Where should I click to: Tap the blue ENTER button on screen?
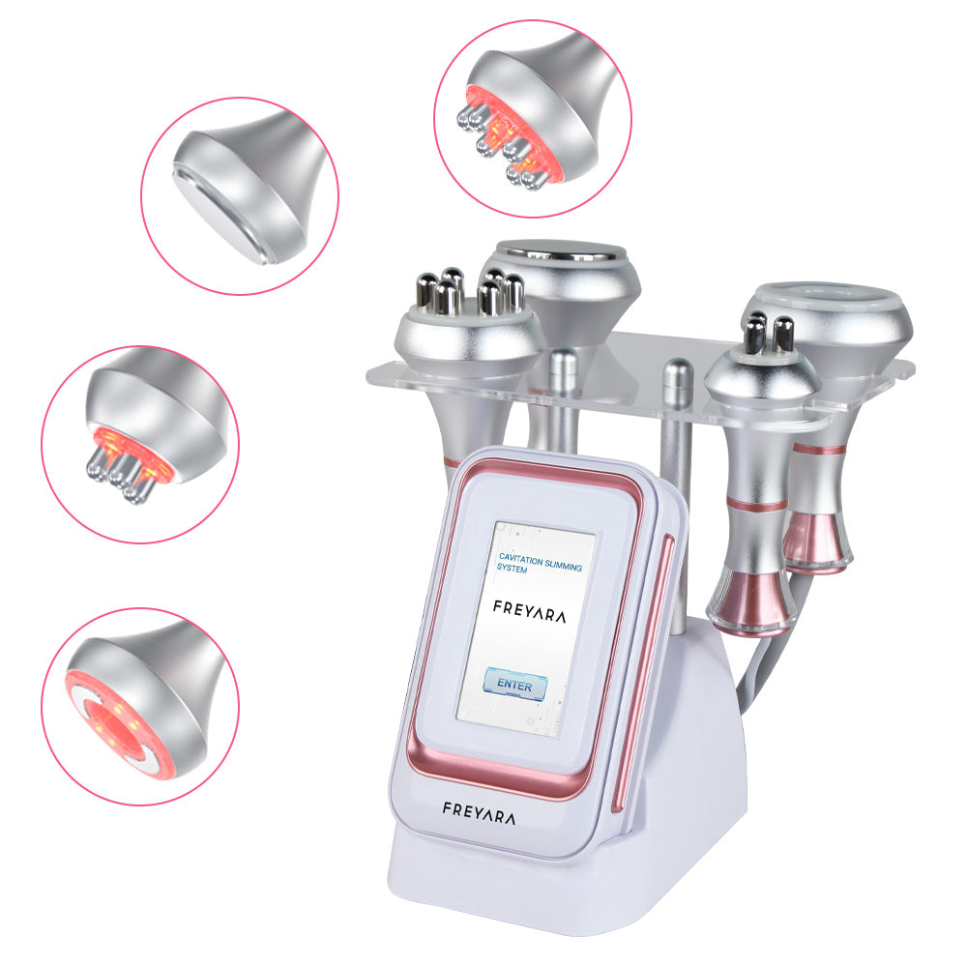coord(515,685)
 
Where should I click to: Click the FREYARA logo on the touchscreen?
coord(529,610)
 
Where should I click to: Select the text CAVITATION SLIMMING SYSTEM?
coord(540,564)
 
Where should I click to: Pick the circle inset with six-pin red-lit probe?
coord(533,118)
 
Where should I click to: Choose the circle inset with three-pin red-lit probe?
coord(140,444)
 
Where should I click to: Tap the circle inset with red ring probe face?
coord(140,706)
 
